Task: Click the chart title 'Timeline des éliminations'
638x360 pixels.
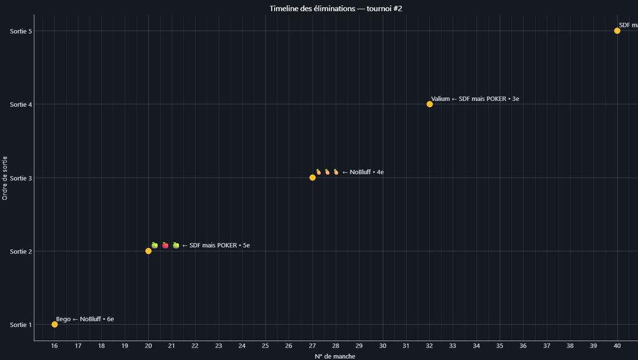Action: (x=336, y=8)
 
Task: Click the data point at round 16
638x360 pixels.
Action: (x=55, y=324)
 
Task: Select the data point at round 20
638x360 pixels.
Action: (x=148, y=251)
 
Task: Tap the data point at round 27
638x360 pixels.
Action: (x=312, y=178)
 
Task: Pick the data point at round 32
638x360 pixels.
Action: (x=429, y=104)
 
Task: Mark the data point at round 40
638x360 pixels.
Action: (x=617, y=31)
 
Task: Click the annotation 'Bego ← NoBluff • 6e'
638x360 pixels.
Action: (x=85, y=319)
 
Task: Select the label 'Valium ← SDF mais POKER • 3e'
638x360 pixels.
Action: (x=475, y=98)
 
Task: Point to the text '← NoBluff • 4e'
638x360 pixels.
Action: (x=363, y=172)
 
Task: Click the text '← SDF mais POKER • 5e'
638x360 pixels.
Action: (x=216, y=245)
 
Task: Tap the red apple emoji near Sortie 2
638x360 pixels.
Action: (x=165, y=245)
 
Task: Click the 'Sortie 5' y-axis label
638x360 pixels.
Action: (x=21, y=31)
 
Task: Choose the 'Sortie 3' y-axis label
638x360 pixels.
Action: (x=21, y=178)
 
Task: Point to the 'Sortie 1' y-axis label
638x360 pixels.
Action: (x=21, y=324)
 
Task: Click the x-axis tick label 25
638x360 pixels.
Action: (x=265, y=346)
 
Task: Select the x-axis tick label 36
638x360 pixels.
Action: (x=523, y=346)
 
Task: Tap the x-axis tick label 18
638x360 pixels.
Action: (x=102, y=346)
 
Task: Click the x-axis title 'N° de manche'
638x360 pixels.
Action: (x=335, y=356)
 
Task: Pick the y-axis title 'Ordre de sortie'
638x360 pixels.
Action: (x=6, y=178)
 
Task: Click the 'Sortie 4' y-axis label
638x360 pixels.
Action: (x=21, y=104)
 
